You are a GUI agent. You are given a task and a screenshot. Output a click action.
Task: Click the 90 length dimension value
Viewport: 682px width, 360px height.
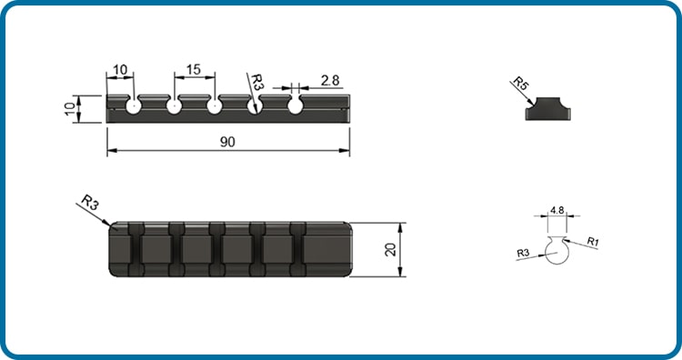pos(227,142)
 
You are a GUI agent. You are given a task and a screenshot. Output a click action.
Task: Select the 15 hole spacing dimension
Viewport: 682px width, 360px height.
pos(194,70)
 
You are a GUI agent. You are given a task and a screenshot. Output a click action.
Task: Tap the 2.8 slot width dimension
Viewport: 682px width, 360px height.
pos(330,80)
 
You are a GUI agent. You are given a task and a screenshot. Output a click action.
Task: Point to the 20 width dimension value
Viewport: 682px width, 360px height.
pos(390,249)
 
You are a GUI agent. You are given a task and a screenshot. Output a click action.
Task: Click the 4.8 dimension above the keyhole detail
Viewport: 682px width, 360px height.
pos(557,210)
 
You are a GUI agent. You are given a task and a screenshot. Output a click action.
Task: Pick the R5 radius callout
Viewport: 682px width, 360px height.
pos(520,84)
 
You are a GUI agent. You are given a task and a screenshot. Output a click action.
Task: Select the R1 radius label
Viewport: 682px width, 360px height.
pos(593,241)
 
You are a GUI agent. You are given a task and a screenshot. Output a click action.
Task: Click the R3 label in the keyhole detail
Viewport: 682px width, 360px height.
pos(523,253)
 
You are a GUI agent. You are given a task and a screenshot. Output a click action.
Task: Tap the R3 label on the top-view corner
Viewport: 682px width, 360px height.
pos(90,202)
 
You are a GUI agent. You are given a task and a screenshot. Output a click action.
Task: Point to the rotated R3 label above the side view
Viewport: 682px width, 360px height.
pos(257,82)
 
